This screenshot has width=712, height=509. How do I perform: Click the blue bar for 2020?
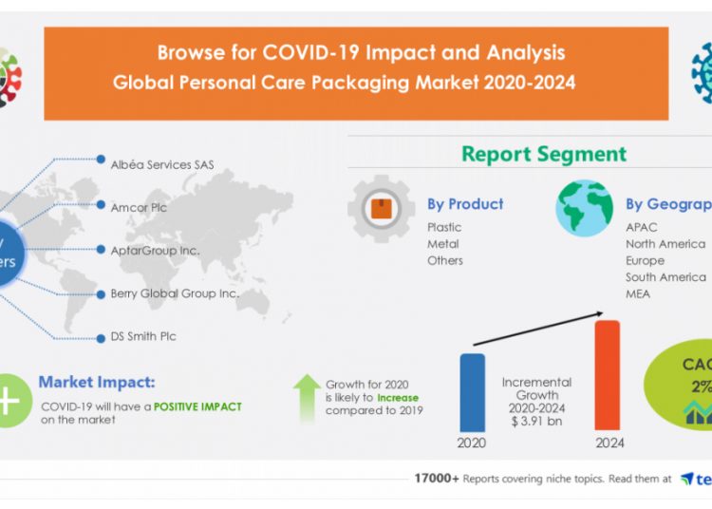tap(472, 392)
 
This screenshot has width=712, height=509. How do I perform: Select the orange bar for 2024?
tap(608, 375)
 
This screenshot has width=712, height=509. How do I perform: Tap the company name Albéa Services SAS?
tap(162, 164)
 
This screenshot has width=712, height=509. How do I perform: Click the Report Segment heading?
tap(544, 154)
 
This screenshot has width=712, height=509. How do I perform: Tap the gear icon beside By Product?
tap(380, 208)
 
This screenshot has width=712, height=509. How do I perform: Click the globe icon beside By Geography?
tap(584, 208)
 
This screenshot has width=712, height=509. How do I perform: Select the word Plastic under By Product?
tap(444, 227)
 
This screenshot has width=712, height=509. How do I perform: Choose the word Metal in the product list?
tap(442, 244)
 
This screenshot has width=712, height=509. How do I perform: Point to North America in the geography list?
tap(665, 244)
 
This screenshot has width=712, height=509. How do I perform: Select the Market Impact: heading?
tap(97, 383)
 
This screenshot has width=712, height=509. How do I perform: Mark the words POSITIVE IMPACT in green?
tap(198, 406)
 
